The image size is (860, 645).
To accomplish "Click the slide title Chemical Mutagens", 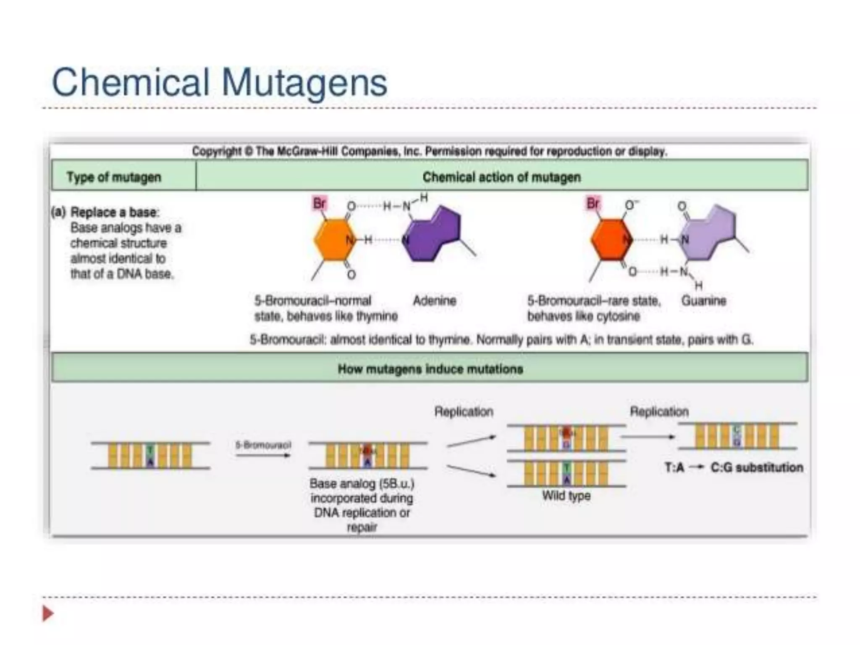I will (x=219, y=83).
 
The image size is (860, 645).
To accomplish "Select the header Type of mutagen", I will (x=114, y=177).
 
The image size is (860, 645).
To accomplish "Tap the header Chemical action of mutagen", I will (x=501, y=177).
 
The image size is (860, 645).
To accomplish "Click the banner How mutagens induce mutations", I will (x=430, y=369).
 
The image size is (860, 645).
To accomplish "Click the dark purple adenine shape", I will (x=433, y=235).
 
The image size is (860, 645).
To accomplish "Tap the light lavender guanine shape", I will (x=710, y=233).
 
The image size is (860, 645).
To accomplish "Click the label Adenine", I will (x=434, y=301).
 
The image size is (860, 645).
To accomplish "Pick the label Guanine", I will (x=703, y=301).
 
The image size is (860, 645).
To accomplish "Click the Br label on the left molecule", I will (x=319, y=204).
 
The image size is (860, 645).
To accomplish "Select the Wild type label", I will (x=566, y=496).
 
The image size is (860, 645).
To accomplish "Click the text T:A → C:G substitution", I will (x=734, y=468).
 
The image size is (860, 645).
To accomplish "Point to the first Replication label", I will (x=464, y=412).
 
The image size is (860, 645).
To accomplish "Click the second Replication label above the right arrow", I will (x=659, y=412).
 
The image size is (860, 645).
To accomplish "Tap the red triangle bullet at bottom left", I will (x=48, y=614).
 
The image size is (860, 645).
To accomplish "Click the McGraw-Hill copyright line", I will (x=429, y=151).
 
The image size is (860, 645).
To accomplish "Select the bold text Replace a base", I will (x=114, y=212).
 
